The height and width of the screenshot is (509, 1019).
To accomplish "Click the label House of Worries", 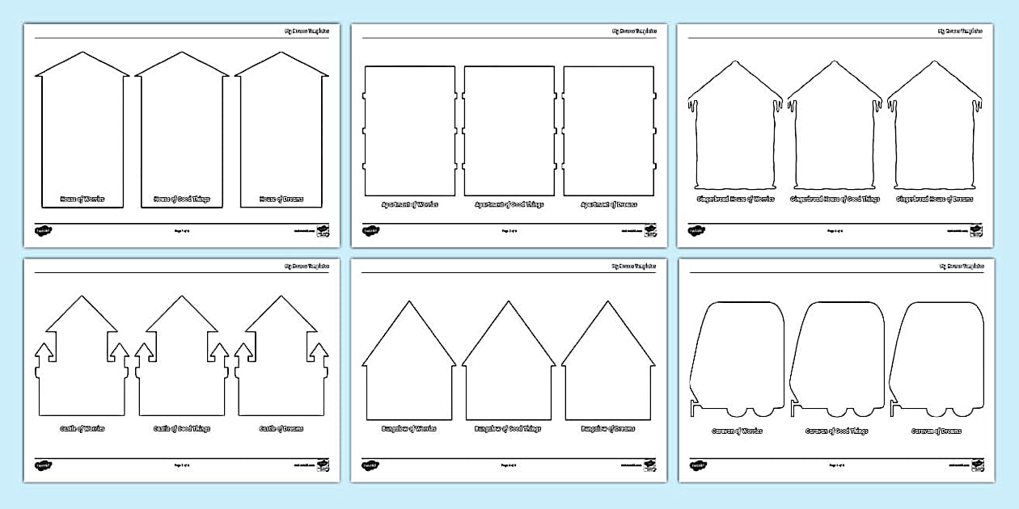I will (82, 199).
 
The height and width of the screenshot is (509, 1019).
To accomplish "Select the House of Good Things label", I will (182, 199).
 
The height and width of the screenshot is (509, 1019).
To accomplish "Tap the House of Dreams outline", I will (281, 129).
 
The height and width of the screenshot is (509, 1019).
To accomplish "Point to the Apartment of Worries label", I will (410, 204).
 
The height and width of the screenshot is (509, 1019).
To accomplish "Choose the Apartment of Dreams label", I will (608, 204).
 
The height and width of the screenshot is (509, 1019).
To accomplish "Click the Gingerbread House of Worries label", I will (735, 199).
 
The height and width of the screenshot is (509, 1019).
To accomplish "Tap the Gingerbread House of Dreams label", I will (934, 199).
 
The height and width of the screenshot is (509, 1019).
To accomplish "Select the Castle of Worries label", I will (82, 428).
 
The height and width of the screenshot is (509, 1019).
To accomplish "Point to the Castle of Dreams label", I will (281, 428).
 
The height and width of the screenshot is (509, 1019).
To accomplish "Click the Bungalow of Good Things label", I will (509, 428).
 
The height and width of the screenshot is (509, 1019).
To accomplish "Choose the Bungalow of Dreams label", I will (608, 428).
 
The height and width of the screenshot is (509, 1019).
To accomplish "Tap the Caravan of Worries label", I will (737, 431).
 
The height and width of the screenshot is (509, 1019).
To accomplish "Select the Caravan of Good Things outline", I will (838, 355).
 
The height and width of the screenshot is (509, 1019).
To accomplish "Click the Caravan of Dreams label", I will (937, 431).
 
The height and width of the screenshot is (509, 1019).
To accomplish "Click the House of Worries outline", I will (82, 129).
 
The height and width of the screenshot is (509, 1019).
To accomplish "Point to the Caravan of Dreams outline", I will (937, 355).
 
